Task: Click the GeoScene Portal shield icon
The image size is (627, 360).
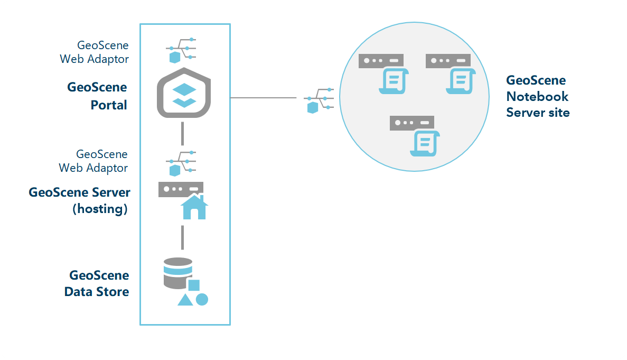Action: click(x=184, y=94)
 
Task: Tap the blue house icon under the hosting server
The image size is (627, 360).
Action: click(x=194, y=207)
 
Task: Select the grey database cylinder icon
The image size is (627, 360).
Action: click(x=178, y=273)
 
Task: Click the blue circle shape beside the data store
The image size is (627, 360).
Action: click(x=202, y=299)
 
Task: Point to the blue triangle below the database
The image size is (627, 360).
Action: click(x=185, y=300)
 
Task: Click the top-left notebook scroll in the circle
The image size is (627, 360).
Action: click(x=392, y=80)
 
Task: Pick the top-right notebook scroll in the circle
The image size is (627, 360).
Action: click(x=459, y=80)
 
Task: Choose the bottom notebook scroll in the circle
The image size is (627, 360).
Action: click(x=423, y=142)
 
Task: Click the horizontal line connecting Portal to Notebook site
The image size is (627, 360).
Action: click(x=263, y=98)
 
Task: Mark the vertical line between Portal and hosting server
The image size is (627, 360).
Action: click(x=182, y=133)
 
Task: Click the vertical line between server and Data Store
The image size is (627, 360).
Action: click(x=182, y=237)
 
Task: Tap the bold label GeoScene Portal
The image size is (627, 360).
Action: click(x=97, y=96)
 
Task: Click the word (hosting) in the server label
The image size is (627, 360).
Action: click(x=100, y=209)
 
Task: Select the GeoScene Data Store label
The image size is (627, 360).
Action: click(x=97, y=283)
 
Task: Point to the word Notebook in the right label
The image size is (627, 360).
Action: click(x=537, y=96)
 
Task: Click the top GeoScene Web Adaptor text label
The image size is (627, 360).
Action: click(x=95, y=52)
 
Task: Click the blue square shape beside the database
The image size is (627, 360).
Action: click(x=194, y=285)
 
